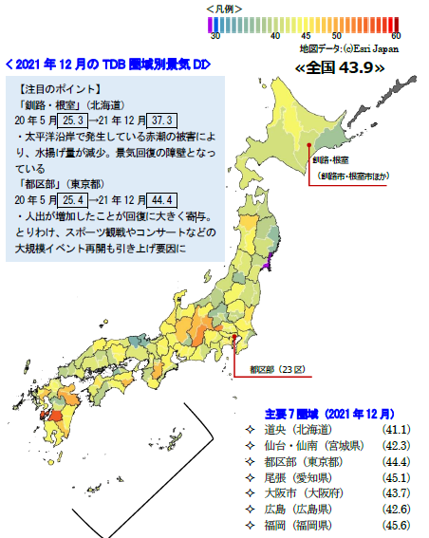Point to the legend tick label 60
[393, 34]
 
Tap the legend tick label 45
[304, 34]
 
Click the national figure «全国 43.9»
[341, 67]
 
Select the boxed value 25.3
[73, 121]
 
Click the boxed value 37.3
[158, 121]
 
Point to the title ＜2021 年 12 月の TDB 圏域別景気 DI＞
[107, 65]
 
